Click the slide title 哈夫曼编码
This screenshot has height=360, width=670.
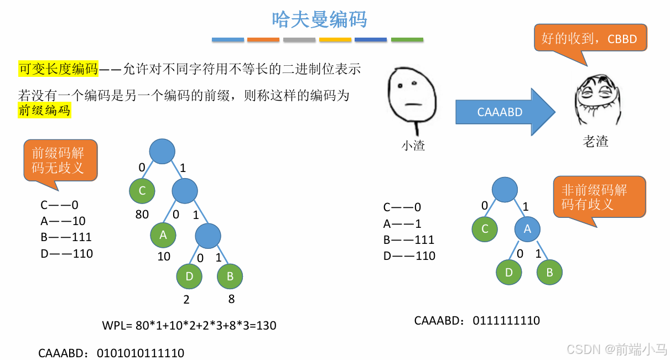(319, 19)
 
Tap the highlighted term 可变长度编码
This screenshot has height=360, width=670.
(58, 69)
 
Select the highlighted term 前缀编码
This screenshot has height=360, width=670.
(44, 110)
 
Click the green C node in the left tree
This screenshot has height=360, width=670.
(142, 191)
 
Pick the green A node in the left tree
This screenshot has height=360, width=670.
(163, 234)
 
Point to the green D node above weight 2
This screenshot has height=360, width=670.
(189, 276)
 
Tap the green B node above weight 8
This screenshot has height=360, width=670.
(230, 276)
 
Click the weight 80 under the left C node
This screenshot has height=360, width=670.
(142, 214)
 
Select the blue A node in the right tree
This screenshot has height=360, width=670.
(527, 229)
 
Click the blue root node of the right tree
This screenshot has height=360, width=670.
(505, 190)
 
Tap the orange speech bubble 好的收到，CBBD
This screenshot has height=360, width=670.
(590, 39)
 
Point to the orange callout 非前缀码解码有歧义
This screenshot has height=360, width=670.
(600, 197)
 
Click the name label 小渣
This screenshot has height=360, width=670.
(413, 146)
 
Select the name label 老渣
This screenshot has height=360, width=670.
(595, 142)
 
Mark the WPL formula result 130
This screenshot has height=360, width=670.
(267, 326)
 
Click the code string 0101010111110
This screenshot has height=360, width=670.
(141, 353)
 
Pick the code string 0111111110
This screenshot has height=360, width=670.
(506, 321)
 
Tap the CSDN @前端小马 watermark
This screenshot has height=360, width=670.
(617, 349)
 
